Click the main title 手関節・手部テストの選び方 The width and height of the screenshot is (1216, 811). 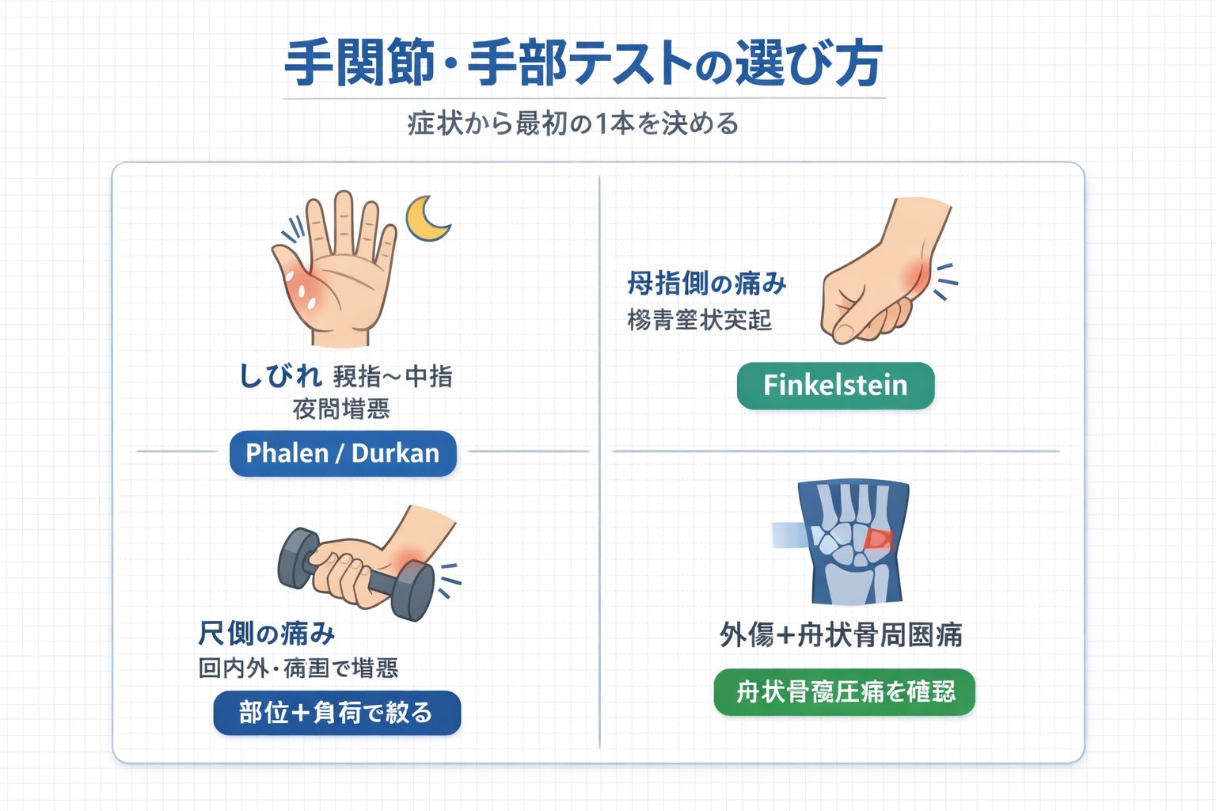(583, 63)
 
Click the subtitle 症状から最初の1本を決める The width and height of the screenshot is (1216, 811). (573, 124)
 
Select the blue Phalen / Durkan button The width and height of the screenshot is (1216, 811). (343, 454)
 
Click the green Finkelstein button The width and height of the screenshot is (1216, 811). (835, 386)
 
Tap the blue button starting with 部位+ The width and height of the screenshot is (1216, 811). (336, 713)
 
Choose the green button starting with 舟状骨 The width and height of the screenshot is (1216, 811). (845, 692)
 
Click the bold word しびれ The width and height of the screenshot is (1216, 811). (280, 375)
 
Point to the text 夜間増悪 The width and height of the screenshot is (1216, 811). (341, 409)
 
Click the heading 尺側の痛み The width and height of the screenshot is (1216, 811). (266, 634)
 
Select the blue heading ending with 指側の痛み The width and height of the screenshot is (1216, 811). (706, 283)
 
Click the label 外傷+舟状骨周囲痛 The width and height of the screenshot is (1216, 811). (841, 635)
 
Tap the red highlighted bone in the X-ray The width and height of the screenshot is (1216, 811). (877, 539)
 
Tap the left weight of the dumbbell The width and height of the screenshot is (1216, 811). (298, 558)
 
